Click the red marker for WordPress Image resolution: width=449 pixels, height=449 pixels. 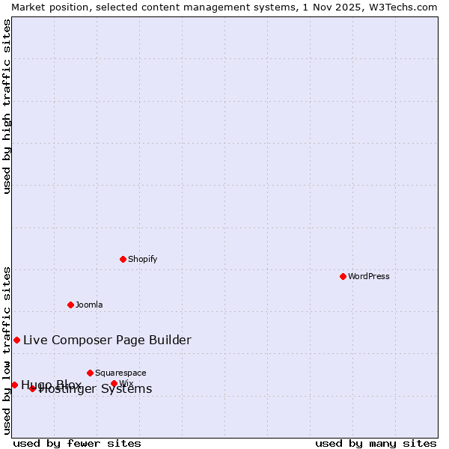pyautogui.click(x=343, y=276)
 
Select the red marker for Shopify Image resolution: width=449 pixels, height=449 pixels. pyautogui.click(x=123, y=259)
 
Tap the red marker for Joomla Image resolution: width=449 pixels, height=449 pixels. pyautogui.click(x=70, y=305)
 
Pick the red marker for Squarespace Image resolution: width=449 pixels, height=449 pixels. pyautogui.click(x=90, y=373)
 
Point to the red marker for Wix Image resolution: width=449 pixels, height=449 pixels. pyautogui.click(x=114, y=383)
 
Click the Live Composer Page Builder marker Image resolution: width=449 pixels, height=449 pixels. pyautogui.click(x=16, y=340)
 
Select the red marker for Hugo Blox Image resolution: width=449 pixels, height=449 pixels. pyautogui.click(x=14, y=385)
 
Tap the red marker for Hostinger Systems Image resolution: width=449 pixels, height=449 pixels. pyautogui.click(x=32, y=388)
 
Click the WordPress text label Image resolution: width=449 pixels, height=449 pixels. pyautogui.click(x=369, y=276)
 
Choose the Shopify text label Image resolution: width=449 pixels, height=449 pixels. pyautogui.click(x=143, y=259)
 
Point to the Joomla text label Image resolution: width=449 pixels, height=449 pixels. pyautogui.click(x=89, y=305)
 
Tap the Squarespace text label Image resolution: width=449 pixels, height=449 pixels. pyautogui.click(x=120, y=373)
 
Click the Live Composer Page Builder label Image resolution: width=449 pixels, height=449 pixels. pyautogui.click(x=107, y=340)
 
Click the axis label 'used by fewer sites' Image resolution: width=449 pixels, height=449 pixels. pyautogui.click(x=77, y=443)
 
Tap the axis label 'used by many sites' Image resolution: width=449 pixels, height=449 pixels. pyautogui.click(x=376, y=443)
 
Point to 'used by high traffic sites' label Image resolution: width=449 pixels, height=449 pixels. pyautogui.click(x=7, y=106)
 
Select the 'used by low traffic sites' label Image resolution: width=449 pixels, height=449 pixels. pyautogui.click(x=7, y=350)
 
